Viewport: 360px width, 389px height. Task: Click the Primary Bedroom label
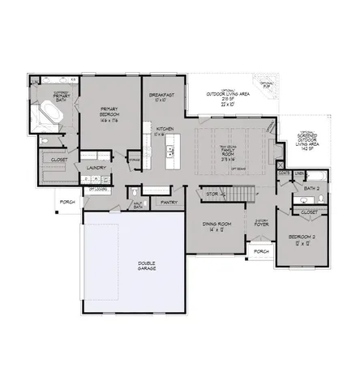coord(110,112)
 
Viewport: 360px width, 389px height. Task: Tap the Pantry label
coord(169,202)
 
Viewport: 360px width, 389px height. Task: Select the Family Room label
coord(229,152)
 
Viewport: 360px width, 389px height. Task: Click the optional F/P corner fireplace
coord(268,84)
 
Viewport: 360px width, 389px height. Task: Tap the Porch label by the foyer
coord(261,251)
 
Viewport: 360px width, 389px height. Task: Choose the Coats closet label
coord(285,173)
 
